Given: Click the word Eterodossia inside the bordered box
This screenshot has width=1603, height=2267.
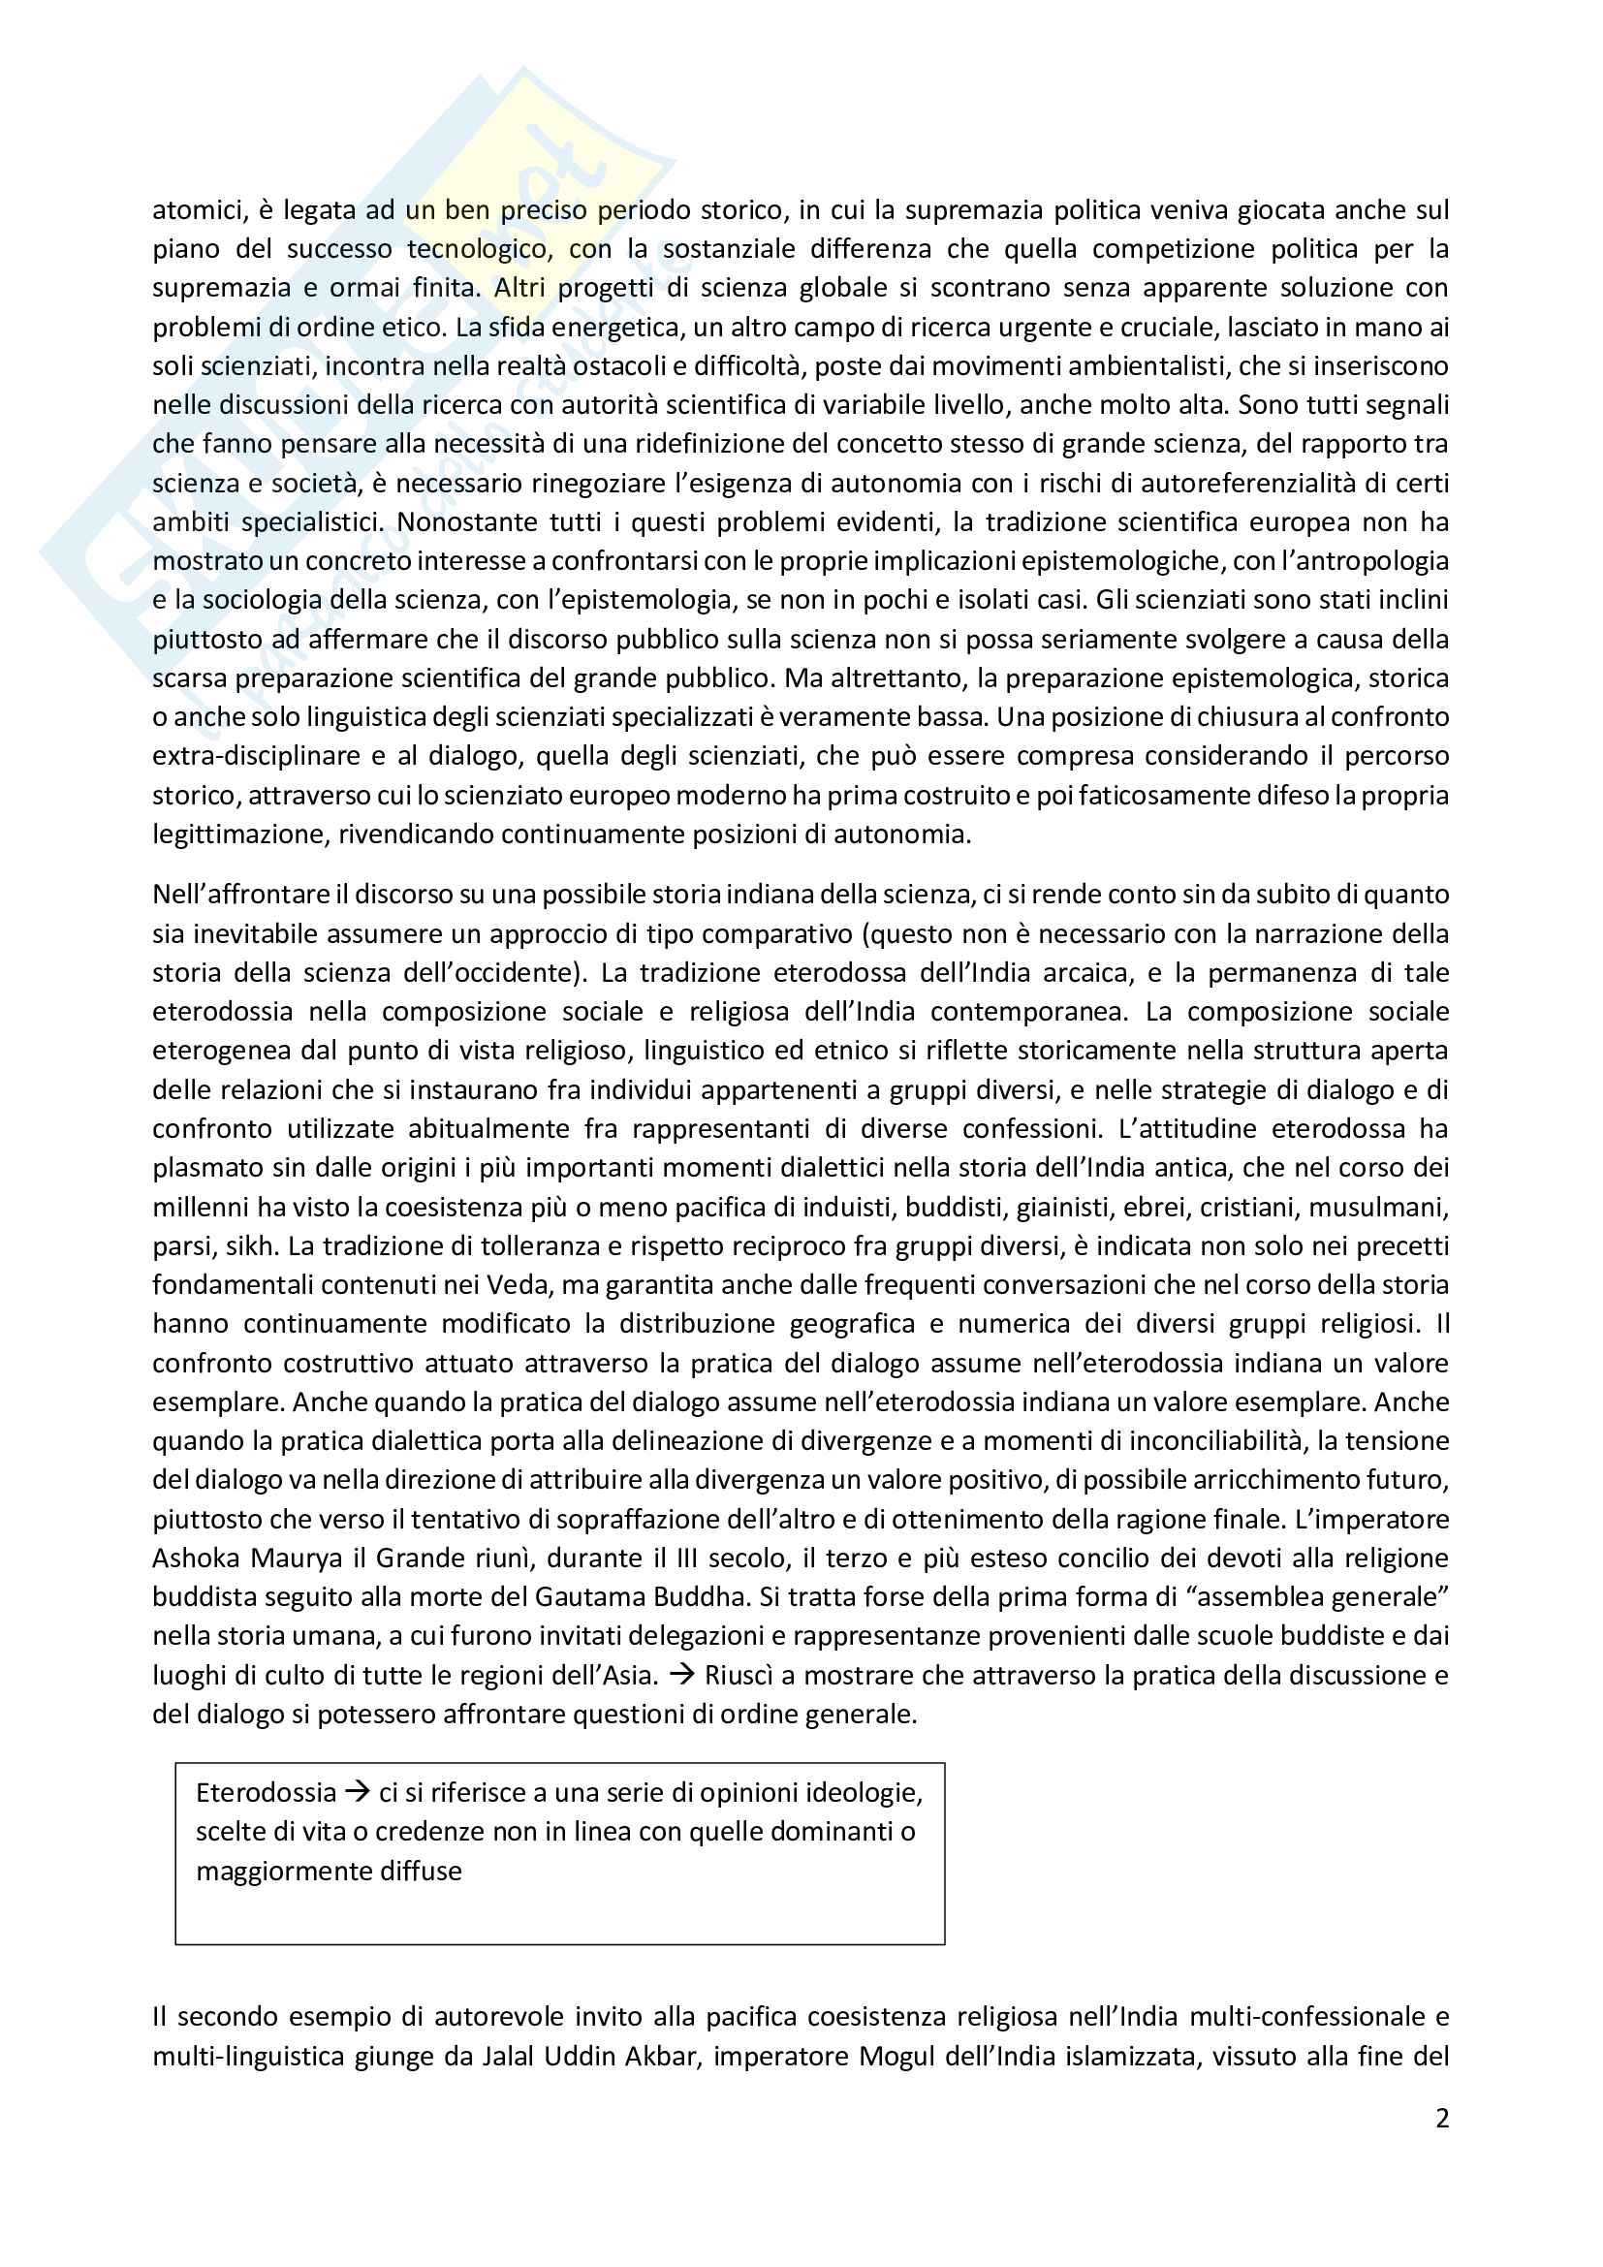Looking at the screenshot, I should click(x=266, y=1792).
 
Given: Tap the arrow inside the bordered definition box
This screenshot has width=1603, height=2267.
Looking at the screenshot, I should click(x=358, y=1792).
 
